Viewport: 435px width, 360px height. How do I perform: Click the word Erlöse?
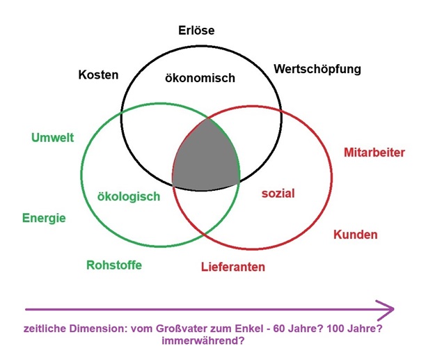click(x=196, y=30)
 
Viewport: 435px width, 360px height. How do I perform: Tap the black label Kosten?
click(x=99, y=75)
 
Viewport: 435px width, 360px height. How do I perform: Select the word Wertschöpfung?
click(x=317, y=70)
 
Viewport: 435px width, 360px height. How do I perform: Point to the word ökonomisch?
click(x=200, y=78)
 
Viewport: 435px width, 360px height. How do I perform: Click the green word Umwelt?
click(x=53, y=138)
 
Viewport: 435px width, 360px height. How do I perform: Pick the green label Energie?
click(x=44, y=219)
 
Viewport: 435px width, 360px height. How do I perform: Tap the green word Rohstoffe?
click(x=114, y=265)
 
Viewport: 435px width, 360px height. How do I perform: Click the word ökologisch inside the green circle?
click(x=129, y=197)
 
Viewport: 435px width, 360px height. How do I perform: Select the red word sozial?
click(x=278, y=194)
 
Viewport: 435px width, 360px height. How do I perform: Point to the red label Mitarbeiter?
click(x=374, y=152)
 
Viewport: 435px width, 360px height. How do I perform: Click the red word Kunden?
click(x=356, y=235)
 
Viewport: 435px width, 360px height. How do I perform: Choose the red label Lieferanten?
click(x=233, y=267)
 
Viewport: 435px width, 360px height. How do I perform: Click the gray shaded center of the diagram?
click(x=207, y=158)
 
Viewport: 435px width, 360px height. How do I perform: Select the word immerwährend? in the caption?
click(x=203, y=341)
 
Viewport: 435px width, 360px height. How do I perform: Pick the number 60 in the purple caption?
click(x=278, y=329)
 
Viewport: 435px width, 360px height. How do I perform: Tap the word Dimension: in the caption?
click(x=99, y=329)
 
